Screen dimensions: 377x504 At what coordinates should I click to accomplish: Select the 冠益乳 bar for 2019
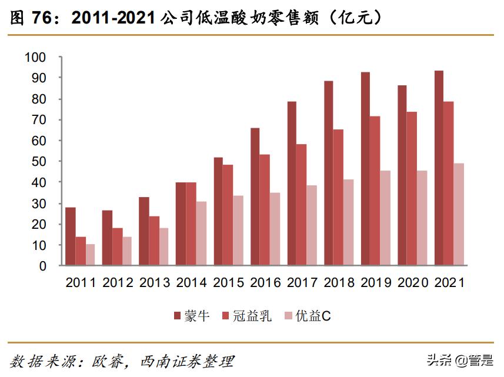click(x=375, y=191)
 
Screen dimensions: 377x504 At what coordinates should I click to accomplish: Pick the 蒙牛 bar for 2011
click(x=71, y=236)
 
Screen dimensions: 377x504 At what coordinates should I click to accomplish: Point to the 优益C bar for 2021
click(x=459, y=215)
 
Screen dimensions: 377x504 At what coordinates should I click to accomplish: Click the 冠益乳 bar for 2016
click(x=265, y=210)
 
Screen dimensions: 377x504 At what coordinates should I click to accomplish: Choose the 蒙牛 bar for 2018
click(x=328, y=174)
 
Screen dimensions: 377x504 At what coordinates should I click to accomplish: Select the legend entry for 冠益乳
click(x=246, y=316)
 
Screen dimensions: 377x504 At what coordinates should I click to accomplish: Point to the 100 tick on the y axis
click(x=35, y=58)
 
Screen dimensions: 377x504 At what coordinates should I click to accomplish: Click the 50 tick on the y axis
click(x=38, y=162)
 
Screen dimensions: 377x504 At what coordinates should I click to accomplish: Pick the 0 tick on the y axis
click(x=42, y=266)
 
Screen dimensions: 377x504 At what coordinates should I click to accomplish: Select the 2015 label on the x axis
click(x=228, y=283)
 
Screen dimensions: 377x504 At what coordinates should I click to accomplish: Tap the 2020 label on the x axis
click(x=412, y=283)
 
